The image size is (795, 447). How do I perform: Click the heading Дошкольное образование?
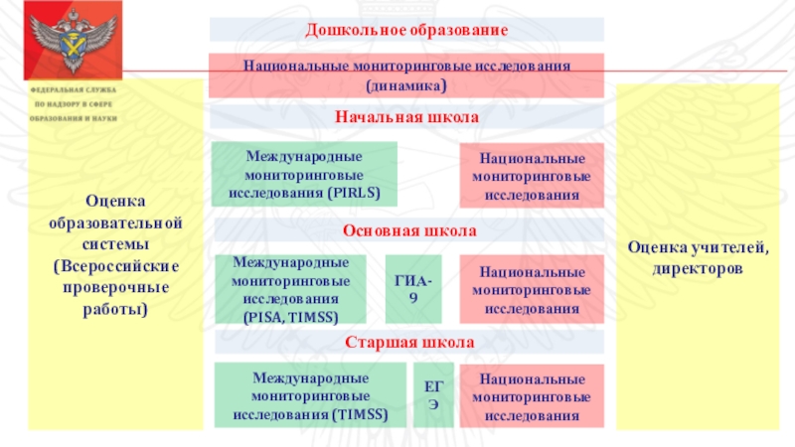[x=406, y=31]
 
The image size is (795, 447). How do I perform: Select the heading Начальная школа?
[x=406, y=117]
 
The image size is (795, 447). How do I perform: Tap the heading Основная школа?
[x=409, y=230]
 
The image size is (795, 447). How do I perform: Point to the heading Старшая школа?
[x=409, y=343]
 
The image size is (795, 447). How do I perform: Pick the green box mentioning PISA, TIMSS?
[x=290, y=289]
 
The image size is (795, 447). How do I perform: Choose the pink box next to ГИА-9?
[x=532, y=289]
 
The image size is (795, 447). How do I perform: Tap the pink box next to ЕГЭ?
[x=532, y=395]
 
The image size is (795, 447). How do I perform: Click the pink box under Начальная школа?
[x=532, y=175]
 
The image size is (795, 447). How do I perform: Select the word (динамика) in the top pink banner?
[x=406, y=87]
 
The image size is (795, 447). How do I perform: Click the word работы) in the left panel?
[x=115, y=310]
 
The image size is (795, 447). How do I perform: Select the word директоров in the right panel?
[x=706, y=268]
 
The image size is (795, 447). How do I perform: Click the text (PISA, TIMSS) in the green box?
[x=290, y=317]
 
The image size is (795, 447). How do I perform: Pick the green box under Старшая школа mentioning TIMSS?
[x=311, y=395]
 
